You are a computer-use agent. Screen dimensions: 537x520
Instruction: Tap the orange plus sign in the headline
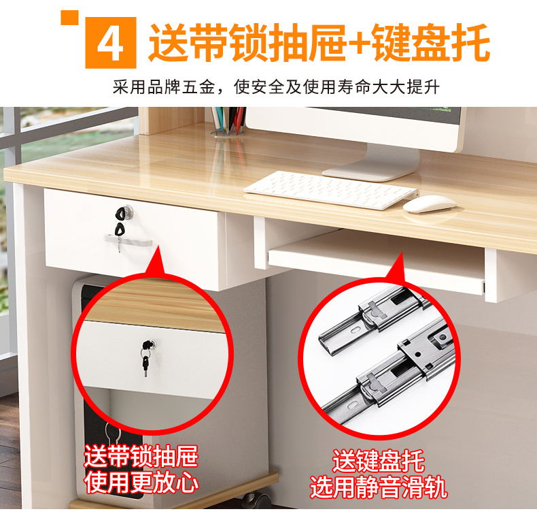pos(359,43)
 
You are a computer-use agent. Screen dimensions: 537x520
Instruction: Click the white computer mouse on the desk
pos(430,204)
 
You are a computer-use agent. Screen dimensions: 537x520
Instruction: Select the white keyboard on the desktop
pos(331,190)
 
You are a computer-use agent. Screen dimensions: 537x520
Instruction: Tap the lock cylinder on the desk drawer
pos(127,210)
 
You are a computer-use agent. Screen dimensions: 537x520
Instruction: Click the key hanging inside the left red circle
pos(145,366)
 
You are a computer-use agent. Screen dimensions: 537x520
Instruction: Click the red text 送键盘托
pos(379,461)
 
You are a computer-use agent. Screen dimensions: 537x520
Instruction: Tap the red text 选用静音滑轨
pos(379,487)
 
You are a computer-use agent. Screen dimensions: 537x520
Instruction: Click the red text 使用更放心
pos(142,483)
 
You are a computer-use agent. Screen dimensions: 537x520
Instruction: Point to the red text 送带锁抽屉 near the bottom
pos(141,457)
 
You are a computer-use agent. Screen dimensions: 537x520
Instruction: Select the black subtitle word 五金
pos(198,87)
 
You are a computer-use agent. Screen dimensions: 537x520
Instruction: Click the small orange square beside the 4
pos(69,18)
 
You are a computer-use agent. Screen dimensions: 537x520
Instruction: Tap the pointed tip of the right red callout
pos(400,253)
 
